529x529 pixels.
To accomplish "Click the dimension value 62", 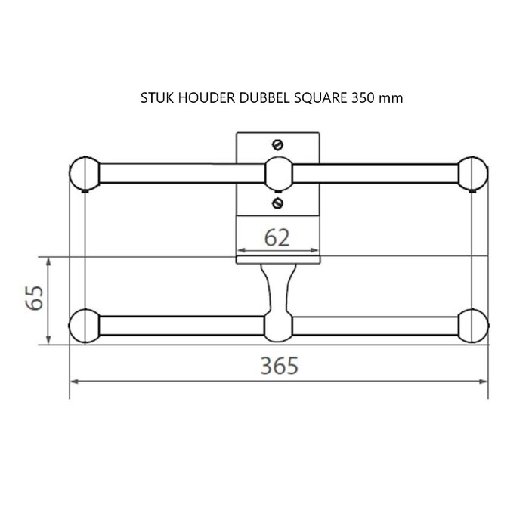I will tap(277, 238).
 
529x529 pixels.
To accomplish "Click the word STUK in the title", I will tap(156, 98).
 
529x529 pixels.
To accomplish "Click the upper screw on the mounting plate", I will tap(277, 144).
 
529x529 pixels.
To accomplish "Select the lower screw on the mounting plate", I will tap(277, 203).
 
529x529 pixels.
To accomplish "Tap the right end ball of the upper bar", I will tap(472, 173).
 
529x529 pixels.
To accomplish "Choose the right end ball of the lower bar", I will tap(472, 325).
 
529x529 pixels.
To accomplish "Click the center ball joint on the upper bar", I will tap(277, 173).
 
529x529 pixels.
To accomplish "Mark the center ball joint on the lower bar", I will tap(277, 326).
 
